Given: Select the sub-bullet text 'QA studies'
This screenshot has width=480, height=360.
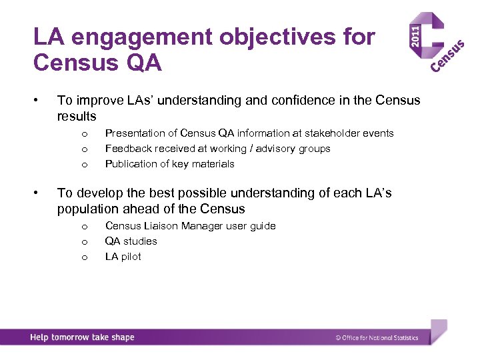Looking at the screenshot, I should (131, 241).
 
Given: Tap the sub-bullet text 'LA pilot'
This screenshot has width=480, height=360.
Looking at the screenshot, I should (123, 257).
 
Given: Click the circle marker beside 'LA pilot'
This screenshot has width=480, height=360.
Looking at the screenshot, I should (84, 257).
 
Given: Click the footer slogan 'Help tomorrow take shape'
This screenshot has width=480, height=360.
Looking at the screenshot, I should (82, 337).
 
